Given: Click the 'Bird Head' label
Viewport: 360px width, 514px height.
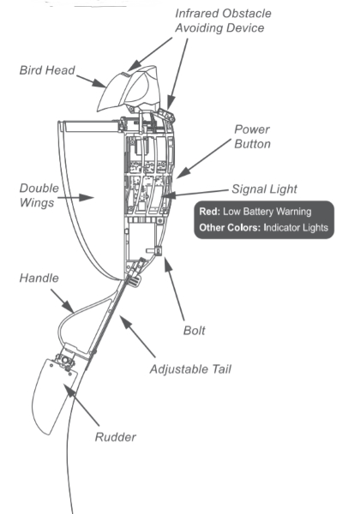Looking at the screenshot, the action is point(47,70).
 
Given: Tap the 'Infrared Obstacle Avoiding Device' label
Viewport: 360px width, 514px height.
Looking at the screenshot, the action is point(223,21).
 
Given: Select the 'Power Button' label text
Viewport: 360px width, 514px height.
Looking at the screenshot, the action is point(252,137).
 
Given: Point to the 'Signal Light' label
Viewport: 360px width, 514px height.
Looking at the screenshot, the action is point(264,189).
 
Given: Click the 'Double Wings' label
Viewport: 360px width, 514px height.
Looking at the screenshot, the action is point(39,195).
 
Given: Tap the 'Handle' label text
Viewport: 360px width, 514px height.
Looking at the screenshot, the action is point(39,278).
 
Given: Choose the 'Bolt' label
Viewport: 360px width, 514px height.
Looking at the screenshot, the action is point(194,331).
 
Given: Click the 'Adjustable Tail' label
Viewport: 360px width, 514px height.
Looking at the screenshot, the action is point(190,369).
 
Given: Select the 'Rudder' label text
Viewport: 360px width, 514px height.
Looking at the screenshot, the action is point(116,437).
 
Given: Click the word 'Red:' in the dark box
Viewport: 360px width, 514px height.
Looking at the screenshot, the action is point(209,212).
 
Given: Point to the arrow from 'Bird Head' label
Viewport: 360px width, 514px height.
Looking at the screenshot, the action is point(91,81).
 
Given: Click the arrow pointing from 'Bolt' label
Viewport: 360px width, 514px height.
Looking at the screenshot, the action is point(174,289).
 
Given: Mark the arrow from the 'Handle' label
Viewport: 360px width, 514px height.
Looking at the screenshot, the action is point(63,301).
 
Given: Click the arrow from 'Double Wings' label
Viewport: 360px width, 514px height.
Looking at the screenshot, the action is point(76,198).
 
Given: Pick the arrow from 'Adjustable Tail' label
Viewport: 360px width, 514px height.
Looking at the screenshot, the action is point(137,336).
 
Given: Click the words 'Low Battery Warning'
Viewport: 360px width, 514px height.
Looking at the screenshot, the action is point(267,212).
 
